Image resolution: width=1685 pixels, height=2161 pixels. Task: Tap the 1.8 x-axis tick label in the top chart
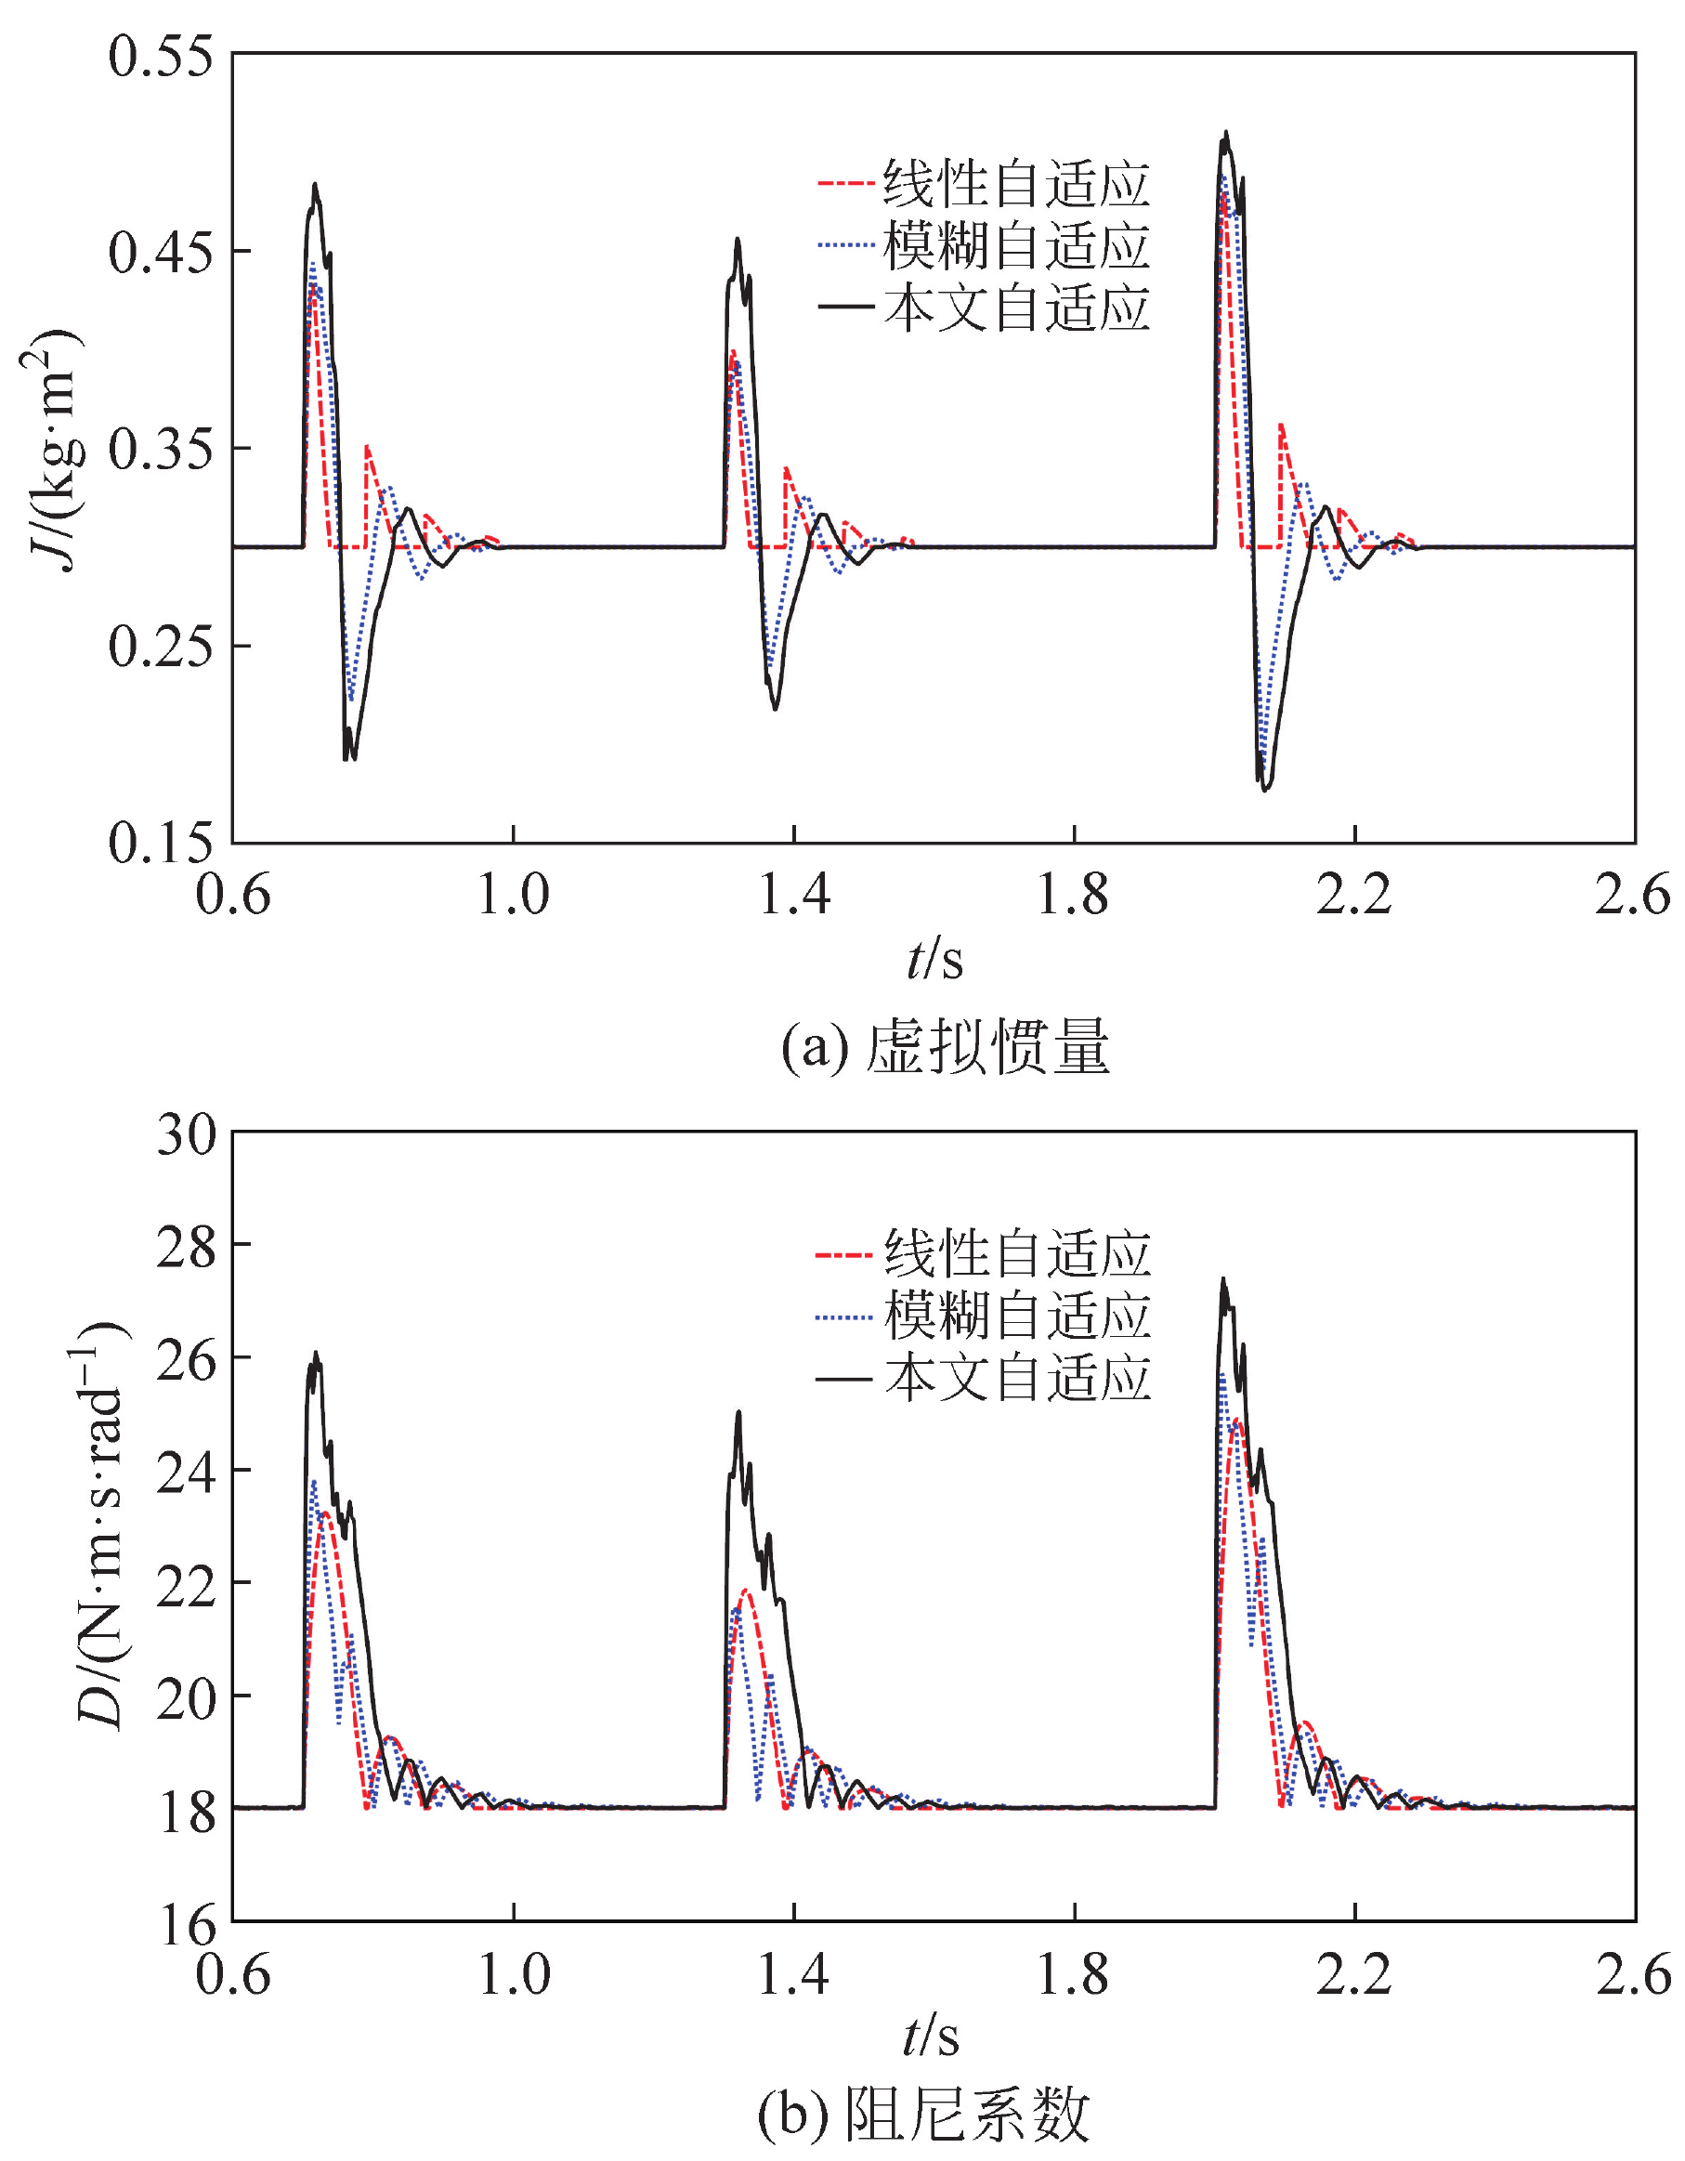tap(1074, 896)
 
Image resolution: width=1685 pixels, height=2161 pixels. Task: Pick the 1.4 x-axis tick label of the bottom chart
tap(792, 1975)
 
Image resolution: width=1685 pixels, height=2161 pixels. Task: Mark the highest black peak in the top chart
tap(1226, 133)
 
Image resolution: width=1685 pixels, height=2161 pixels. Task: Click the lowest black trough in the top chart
tap(1264, 791)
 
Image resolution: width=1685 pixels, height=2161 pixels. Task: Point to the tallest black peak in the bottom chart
tap(1224, 1278)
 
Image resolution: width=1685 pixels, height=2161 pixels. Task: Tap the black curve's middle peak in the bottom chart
tap(738, 1412)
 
